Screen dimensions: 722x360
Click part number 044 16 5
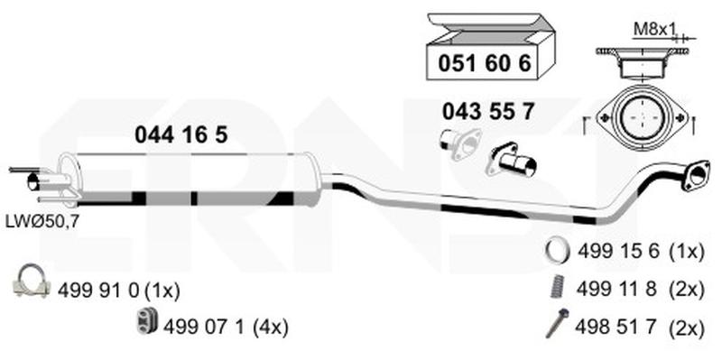(181, 135)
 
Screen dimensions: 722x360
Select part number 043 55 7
(488, 111)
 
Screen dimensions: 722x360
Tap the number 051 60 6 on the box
(485, 63)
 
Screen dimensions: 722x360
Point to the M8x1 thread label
(654, 30)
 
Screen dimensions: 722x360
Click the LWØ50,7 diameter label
(42, 221)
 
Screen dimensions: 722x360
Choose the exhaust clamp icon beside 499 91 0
(32, 281)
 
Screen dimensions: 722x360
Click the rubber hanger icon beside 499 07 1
(147, 321)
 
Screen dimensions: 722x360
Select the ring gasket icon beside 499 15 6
(557, 251)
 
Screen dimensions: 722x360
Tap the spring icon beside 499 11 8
(558, 287)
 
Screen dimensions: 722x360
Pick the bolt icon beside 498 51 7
(557, 324)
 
